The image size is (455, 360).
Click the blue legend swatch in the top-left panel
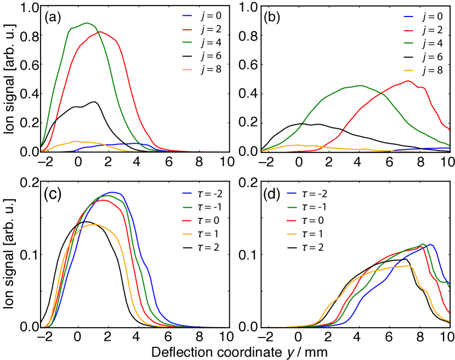point(187,16)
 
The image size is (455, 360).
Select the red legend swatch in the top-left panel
point(187,30)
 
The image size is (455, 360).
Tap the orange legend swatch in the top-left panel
point(187,70)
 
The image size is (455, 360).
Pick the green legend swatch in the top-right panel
point(408,43)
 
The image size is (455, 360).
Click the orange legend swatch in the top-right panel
point(408,70)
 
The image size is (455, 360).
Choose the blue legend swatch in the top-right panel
point(408,16)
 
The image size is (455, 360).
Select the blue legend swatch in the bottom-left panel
point(187,193)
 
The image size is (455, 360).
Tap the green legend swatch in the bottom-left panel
point(187,207)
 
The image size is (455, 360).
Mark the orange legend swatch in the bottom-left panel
point(187,234)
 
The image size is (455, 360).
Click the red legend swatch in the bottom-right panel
point(292,220)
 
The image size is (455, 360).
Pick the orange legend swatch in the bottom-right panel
point(292,234)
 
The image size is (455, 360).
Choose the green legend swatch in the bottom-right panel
point(292,207)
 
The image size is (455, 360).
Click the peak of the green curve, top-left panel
point(87,22)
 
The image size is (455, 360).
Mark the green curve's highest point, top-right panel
point(360,86)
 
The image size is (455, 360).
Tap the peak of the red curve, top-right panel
point(407,81)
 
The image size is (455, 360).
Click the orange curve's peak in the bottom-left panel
point(95,224)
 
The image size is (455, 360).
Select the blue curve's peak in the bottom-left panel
point(113,192)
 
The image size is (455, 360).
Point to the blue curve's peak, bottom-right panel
point(430,244)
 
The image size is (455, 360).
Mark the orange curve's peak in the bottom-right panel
point(408,266)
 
